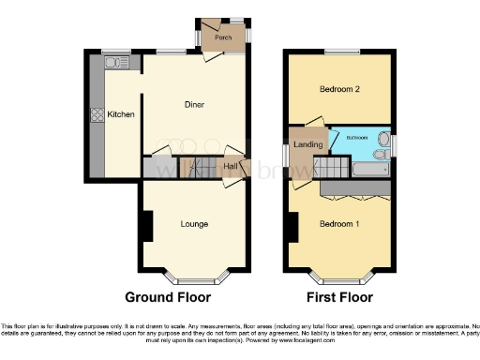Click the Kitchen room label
point(120,114)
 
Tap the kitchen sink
point(116,63)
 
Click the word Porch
point(223,37)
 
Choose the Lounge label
point(194,224)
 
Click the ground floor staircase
point(197,169)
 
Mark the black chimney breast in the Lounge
point(147,226)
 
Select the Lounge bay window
point(195,278)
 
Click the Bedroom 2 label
point(339,91)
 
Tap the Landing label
point(307,144)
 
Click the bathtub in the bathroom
point(370,170)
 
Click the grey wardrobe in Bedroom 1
point(355,188)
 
